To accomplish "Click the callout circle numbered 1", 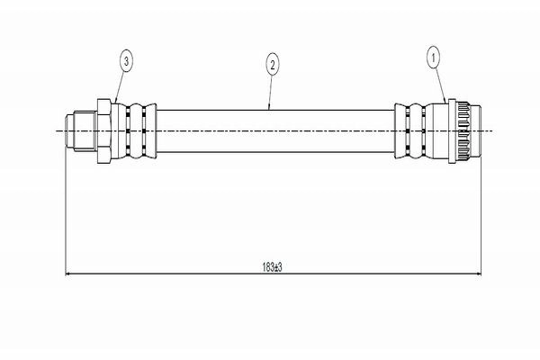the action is point(433,58).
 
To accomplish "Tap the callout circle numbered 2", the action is point(273,64).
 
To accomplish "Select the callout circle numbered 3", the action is point(126,62).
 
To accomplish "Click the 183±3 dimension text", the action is point(272,267).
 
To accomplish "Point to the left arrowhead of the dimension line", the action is point(67,274).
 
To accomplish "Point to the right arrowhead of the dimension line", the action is point(478,274).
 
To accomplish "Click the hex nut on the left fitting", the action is point(103,130).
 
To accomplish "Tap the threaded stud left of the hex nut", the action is point(85,130).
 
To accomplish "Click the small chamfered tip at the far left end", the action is point(69,130).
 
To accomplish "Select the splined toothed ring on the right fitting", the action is point(463,130).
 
